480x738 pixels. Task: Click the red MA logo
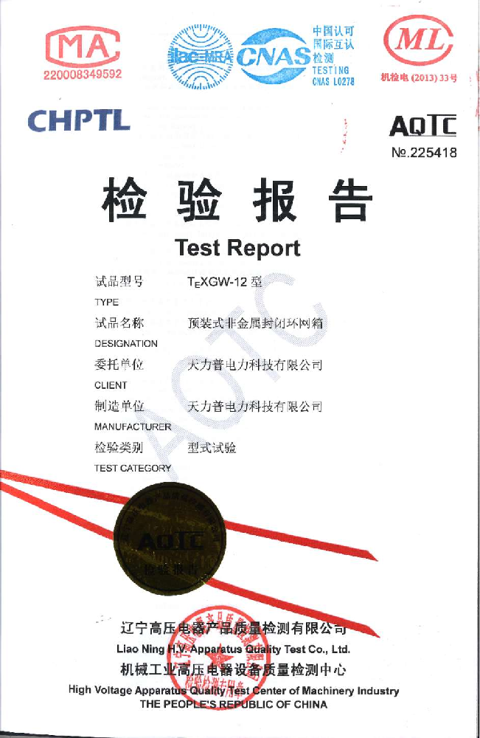coord(83,46)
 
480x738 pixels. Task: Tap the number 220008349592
coord(83,75)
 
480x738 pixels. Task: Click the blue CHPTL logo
coord(79,120)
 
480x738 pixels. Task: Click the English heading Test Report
coord(238,247)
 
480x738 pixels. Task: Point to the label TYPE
coord(106,302)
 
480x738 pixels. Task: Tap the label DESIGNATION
coord(126,343)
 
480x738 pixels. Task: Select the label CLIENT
coord(111,384)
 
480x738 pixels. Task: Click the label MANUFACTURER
coord(133,427)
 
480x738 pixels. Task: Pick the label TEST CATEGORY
coord(133,468)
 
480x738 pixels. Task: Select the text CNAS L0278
coord(333,82)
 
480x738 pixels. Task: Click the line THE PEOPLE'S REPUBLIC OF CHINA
coord(234,704)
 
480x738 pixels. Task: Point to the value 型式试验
coord(212,447)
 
